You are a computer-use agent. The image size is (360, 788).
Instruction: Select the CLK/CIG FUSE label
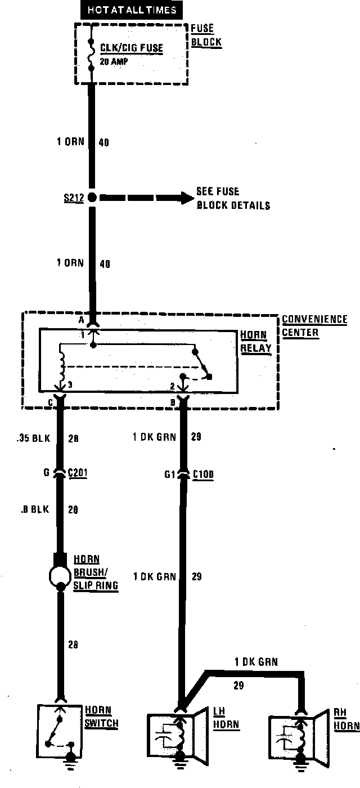pyautogui.click(x=132, y=48)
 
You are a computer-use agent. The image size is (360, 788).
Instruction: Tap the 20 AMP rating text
pyautogui.click(x=114, y=61)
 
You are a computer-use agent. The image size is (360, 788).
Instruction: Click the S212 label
pyautogui.click(x=73, y=198)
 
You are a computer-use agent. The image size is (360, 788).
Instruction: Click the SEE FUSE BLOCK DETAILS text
pyautogui.click(x=233, y=198)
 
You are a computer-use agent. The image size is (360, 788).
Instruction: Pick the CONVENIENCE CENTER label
pyautogui.click(x=314, y=326)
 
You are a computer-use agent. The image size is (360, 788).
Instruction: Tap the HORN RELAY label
pyautogui.click(x=256, y=341)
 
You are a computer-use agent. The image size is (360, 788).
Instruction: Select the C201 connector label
pyautogui.click(x=78, y=474)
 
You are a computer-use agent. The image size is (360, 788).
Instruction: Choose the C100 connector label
pyautogui.click(x=202, y=474)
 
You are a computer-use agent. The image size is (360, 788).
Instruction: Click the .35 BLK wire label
pyautogui.click(x=34, y=437)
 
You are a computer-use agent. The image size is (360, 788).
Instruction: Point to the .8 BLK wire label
pyautogui.click(x=35, y=509)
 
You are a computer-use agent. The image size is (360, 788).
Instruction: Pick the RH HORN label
pyautogui.click(x=346, y=720)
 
